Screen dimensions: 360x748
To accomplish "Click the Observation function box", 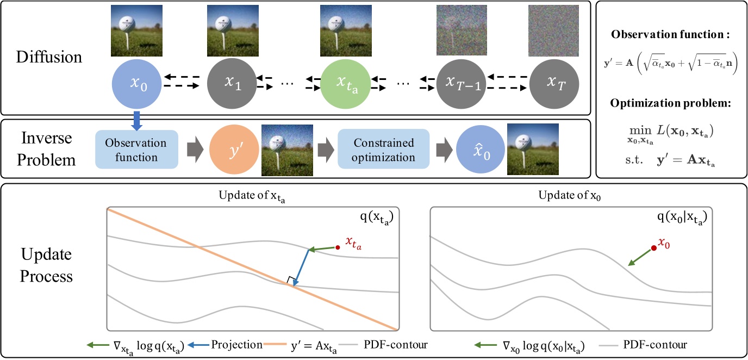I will click(x=136, y=150).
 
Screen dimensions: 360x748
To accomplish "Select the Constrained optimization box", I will click(x=383, y=150).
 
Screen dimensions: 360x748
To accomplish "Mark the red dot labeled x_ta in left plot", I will click(x=338, y=247).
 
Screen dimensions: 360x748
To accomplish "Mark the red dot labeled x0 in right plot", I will click(x=653, y=247).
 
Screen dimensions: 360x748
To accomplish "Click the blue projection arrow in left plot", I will click(x=301, y=267).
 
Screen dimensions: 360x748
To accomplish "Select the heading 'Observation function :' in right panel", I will click(x=669, y=34).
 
